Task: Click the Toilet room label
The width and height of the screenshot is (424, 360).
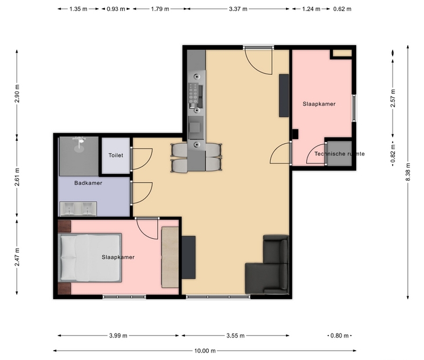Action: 116,155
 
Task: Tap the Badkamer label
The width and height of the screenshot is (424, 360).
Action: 88,183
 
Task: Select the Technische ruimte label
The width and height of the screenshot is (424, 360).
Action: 339,154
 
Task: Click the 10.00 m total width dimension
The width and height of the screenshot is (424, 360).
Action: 205,351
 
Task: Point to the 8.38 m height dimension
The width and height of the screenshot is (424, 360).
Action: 408,172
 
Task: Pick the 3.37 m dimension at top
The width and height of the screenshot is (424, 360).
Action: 238,9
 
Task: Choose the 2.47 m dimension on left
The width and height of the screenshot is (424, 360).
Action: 17,257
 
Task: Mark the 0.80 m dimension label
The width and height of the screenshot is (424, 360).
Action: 340,336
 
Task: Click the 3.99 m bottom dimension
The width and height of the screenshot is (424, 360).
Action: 118,336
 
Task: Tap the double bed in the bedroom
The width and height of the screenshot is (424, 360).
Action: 90,258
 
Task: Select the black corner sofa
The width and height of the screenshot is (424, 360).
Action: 267,264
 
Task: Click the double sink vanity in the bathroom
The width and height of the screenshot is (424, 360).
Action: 78,209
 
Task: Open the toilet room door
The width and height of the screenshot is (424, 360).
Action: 141,159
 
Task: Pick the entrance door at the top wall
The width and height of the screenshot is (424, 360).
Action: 258,61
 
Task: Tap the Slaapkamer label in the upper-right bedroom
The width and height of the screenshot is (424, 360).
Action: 319,104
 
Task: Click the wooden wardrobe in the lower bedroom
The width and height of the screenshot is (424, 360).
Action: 170,257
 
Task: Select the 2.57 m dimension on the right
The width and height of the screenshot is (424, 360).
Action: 393,98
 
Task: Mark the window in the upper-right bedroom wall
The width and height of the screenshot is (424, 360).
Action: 353,108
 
